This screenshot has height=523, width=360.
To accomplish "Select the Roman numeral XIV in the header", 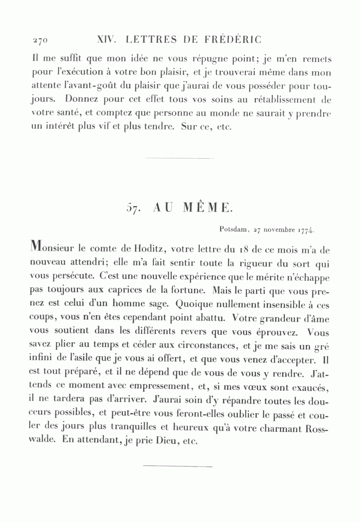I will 106,40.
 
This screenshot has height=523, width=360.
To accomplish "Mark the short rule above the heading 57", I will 179,159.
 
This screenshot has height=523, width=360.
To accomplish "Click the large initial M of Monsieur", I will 36,248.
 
